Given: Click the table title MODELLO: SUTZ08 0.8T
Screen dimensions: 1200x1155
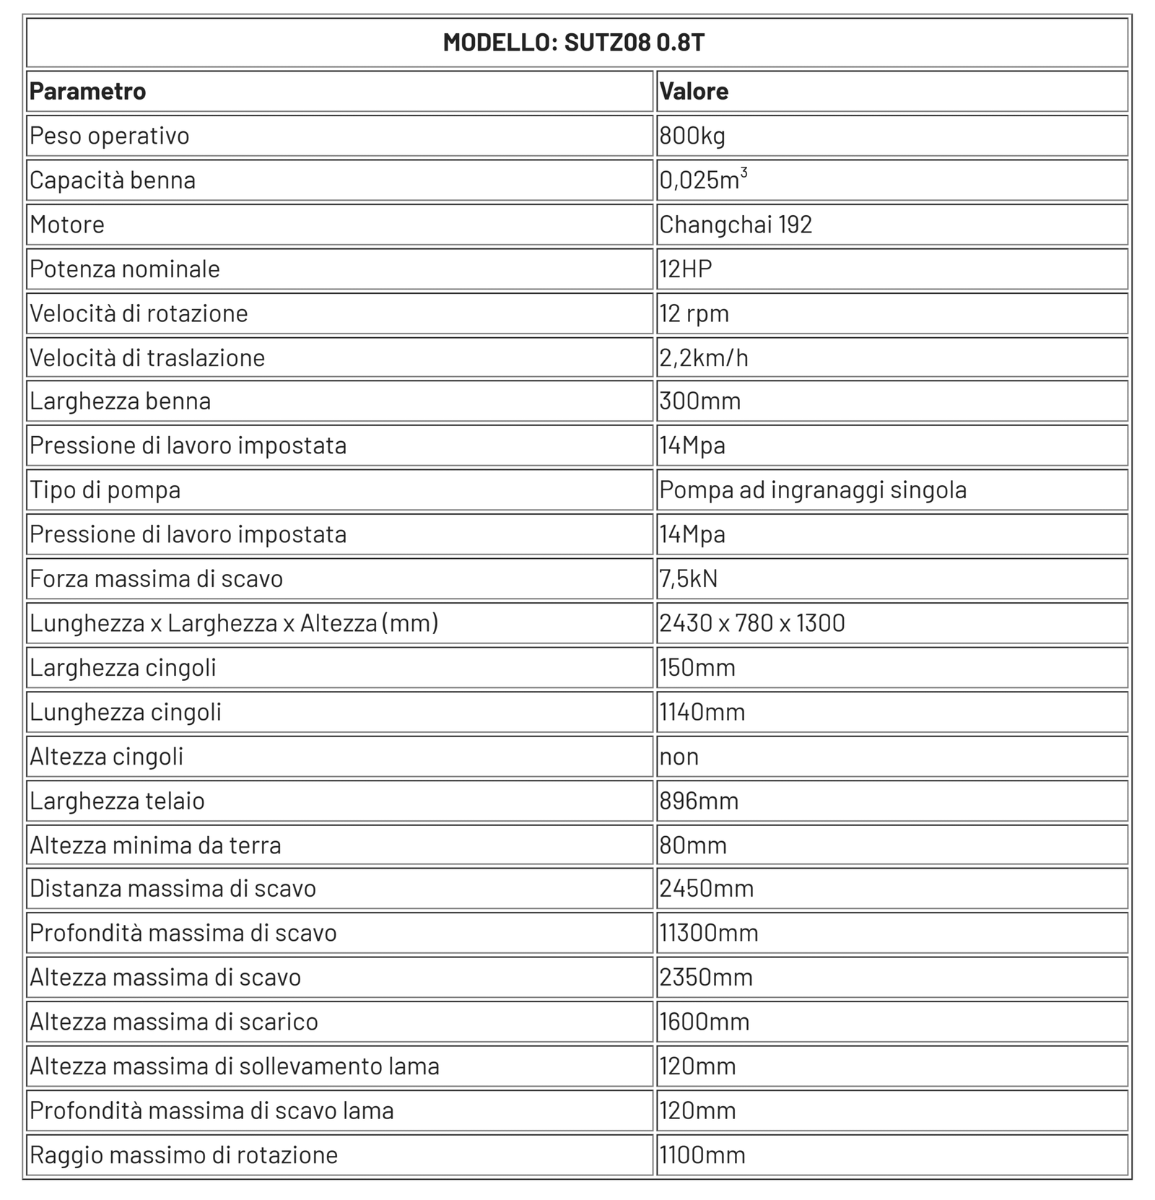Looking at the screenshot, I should pos(573,43).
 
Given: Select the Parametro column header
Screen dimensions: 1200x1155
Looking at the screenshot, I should pos(87,92).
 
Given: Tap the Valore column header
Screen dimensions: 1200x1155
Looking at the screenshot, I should pos(694,92).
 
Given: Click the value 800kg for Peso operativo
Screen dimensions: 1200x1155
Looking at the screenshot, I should pos(692,136).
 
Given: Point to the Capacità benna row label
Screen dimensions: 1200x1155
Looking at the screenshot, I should pos(113,180).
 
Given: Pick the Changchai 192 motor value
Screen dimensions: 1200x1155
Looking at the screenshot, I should pos(736,225).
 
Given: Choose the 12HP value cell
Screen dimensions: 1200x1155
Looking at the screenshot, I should pos(686,269).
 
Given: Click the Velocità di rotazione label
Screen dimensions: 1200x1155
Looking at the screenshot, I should pos(139,313).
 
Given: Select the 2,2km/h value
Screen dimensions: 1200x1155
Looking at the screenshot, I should pos(704,357).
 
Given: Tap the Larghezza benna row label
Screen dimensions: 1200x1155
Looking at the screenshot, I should pos(121,401).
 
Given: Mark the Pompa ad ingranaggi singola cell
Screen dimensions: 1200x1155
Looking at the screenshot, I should pos(813,490).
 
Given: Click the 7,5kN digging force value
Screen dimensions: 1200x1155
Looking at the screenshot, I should pos(689,578).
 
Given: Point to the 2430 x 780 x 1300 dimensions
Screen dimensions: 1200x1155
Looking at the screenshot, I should pos(752,622).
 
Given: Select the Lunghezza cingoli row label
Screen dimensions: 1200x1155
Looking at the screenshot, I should pos(126,712).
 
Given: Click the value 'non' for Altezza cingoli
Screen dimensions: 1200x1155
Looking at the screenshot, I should pos(679,757).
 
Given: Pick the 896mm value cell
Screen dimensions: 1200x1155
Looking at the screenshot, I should pos(699,801).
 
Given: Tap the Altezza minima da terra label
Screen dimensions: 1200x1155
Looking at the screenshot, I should pos(155,845).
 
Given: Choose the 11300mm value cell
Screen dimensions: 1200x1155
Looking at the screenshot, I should pos(709,933).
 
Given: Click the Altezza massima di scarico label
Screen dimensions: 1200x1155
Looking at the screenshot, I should pos(174,1022).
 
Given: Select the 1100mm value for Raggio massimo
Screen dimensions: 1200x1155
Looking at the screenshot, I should pos(702,1155).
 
